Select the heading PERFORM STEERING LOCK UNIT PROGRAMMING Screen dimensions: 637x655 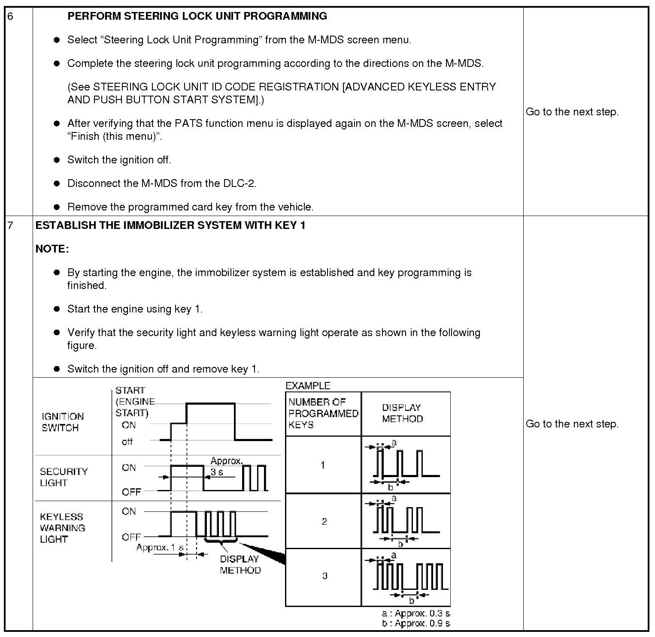(x=197, y=16)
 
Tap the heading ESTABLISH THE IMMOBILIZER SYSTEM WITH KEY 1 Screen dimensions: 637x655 (x=170, y=225)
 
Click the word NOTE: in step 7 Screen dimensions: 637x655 (x=52, y=249)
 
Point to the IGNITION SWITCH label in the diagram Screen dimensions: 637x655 (x=62, y=422)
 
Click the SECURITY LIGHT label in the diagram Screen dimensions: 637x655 (x=64, y=477)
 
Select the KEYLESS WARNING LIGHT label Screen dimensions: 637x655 (x=62, y=528)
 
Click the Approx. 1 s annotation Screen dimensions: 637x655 (x=160, y=547)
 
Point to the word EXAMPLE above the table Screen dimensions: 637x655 (x=308, y=385)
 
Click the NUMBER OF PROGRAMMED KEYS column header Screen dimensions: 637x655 (x=323, y=414)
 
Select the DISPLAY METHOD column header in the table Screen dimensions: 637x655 (x=402, y=413)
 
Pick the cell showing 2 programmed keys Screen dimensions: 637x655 (x=324, y=521)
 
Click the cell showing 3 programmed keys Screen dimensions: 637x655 (x=324, y=576)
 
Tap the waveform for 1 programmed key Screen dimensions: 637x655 (x=406, y=465)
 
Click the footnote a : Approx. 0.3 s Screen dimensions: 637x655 (x=415, y=613)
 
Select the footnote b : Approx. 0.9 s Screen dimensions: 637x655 (x=415, y=623)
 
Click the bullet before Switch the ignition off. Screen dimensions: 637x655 (x=57, y=160)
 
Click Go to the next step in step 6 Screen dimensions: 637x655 (x=572, y=112)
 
